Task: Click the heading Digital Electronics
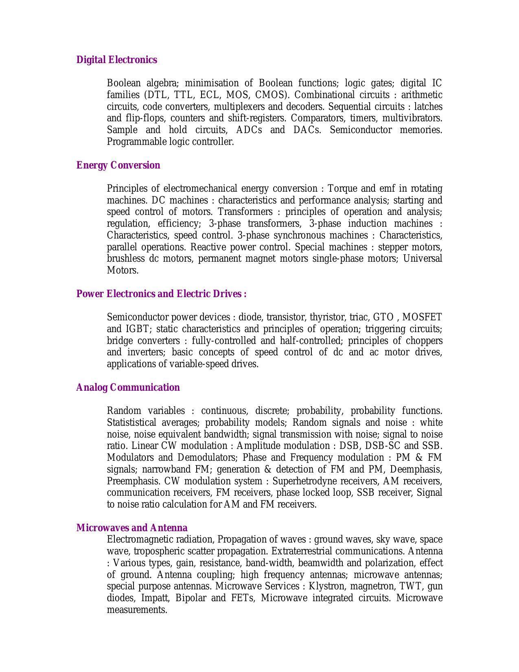pyautogui.click(x=116, y=60)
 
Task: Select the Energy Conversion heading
pyautogui.click(x=118, y=165)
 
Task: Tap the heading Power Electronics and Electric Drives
pyautogui.click(x=161, y=294)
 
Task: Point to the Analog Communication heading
pyautogui.click(x=128, y=387)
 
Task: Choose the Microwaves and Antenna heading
pyautogui.click(x=132, y=528)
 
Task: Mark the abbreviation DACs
pyautogui.click(x=307, y=130)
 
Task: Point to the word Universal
pyautogui.click(x=423, y=259)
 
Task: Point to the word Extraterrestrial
pyautogui.click(x=307, y=552)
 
